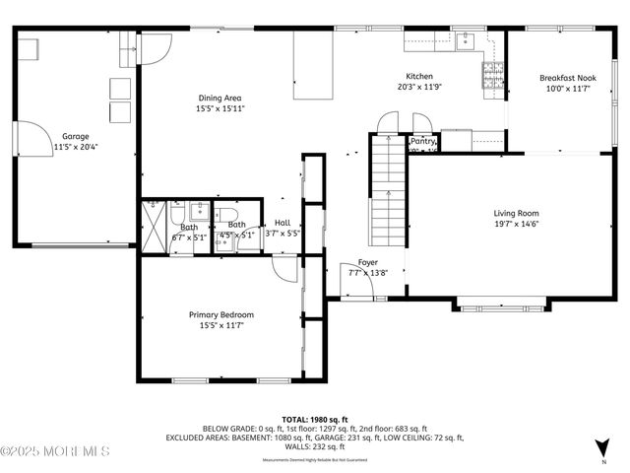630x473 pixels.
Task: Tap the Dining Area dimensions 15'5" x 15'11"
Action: (x=220, y=109)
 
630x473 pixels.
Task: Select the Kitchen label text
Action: (x=420, y=76)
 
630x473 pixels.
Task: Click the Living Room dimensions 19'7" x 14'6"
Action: (x=516, y=224)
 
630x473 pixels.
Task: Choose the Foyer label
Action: (x=367, y=262)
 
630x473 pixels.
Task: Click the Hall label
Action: (x=283, y=223)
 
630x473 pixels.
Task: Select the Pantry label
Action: (x=422, y=142)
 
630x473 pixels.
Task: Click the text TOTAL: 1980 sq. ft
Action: (x=314, y=420)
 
